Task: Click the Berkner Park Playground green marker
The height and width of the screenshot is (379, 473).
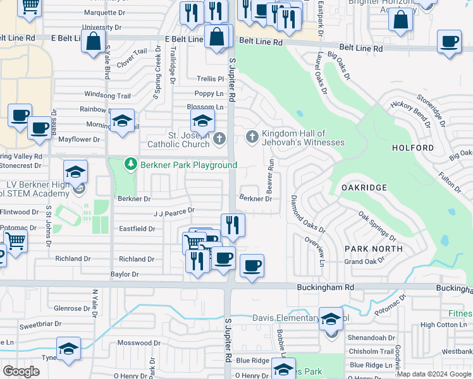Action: point(131,165)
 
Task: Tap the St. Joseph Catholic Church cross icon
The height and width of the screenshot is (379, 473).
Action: point(219,139)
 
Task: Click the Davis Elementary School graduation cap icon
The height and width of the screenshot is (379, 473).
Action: point(331,320)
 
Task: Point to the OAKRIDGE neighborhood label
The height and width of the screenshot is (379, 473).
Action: point(364,188)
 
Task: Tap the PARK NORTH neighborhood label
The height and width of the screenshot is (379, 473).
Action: point(374,249)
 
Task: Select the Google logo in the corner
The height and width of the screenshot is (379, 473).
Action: point(21,371)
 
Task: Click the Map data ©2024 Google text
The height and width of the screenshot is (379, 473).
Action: point(434,374)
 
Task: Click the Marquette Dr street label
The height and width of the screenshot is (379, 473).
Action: point(105,12)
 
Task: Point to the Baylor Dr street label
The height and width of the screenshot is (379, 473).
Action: point(125,275)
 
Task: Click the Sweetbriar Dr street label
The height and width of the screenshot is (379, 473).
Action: point(39,325)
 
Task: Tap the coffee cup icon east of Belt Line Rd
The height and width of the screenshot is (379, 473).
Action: point(449,42)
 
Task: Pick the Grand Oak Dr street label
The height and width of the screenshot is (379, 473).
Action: point(365,261)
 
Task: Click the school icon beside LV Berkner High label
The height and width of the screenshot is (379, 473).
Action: point(75,172)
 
